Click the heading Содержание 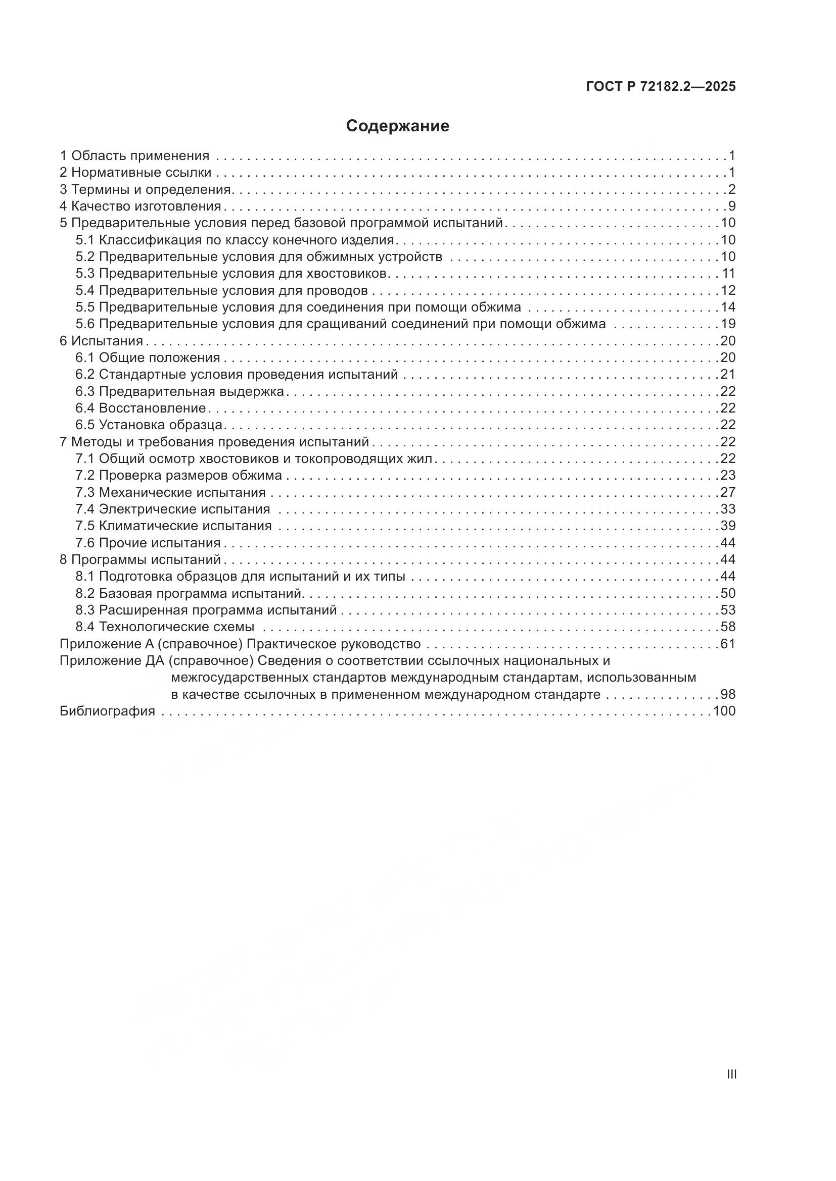pos(397,126)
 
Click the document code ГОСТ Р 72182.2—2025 pos(661,87)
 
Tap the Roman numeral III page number pos(731,1074)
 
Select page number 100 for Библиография pos(725,711)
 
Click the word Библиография pos(108,711)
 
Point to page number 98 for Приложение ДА pos(728,694)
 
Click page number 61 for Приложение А pos(728,644)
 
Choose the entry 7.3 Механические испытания pos(170,492)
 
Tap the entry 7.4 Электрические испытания pos(173,509)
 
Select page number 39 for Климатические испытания pos(728,526)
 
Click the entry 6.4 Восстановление pos(141,408)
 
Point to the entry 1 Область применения pos(135,156)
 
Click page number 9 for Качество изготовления pos(731,207)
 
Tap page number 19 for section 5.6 pos(728,324)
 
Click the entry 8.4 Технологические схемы pos(165,627)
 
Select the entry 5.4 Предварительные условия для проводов pos(221,291)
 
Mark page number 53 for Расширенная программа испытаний pos(728,610)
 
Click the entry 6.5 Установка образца pos(149,425)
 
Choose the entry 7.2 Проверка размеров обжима pos(178,475)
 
